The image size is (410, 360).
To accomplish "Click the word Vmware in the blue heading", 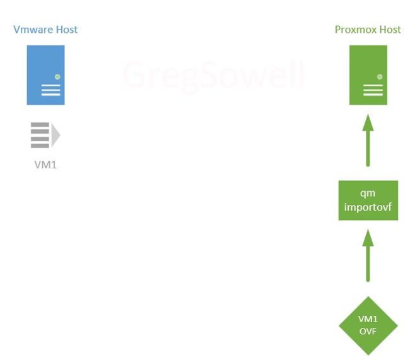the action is [x=33, y=30].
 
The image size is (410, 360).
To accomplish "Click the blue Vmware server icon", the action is [x=46, y=75].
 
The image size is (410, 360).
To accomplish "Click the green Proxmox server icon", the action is [x=368, y=75].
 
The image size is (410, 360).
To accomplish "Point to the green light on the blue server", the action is [x=57, y=77].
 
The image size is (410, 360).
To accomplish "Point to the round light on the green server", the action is [x=380, y=77].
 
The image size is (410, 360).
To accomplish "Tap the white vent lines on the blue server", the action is [x=50, y=90].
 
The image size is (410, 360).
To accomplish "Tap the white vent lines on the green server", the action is [x=373, y=90].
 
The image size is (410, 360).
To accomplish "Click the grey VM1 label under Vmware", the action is [x=45, y=165].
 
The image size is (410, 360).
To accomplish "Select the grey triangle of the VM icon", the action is [x=56, y=135].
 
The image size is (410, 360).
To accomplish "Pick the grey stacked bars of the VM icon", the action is [x=40, y=135].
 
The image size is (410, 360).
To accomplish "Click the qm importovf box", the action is [x=368, y=200].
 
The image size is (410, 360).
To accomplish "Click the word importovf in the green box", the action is [x=368, y=207].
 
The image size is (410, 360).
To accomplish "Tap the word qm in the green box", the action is [x=368, y=194].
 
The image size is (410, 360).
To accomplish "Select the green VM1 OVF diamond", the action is [x=368, y=326].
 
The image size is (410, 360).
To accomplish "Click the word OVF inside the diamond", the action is [x=368, y=332].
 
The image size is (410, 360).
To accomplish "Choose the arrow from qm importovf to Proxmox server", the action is [x=368, y=141].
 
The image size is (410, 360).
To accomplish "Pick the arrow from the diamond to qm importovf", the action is [x=368, y=256].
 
